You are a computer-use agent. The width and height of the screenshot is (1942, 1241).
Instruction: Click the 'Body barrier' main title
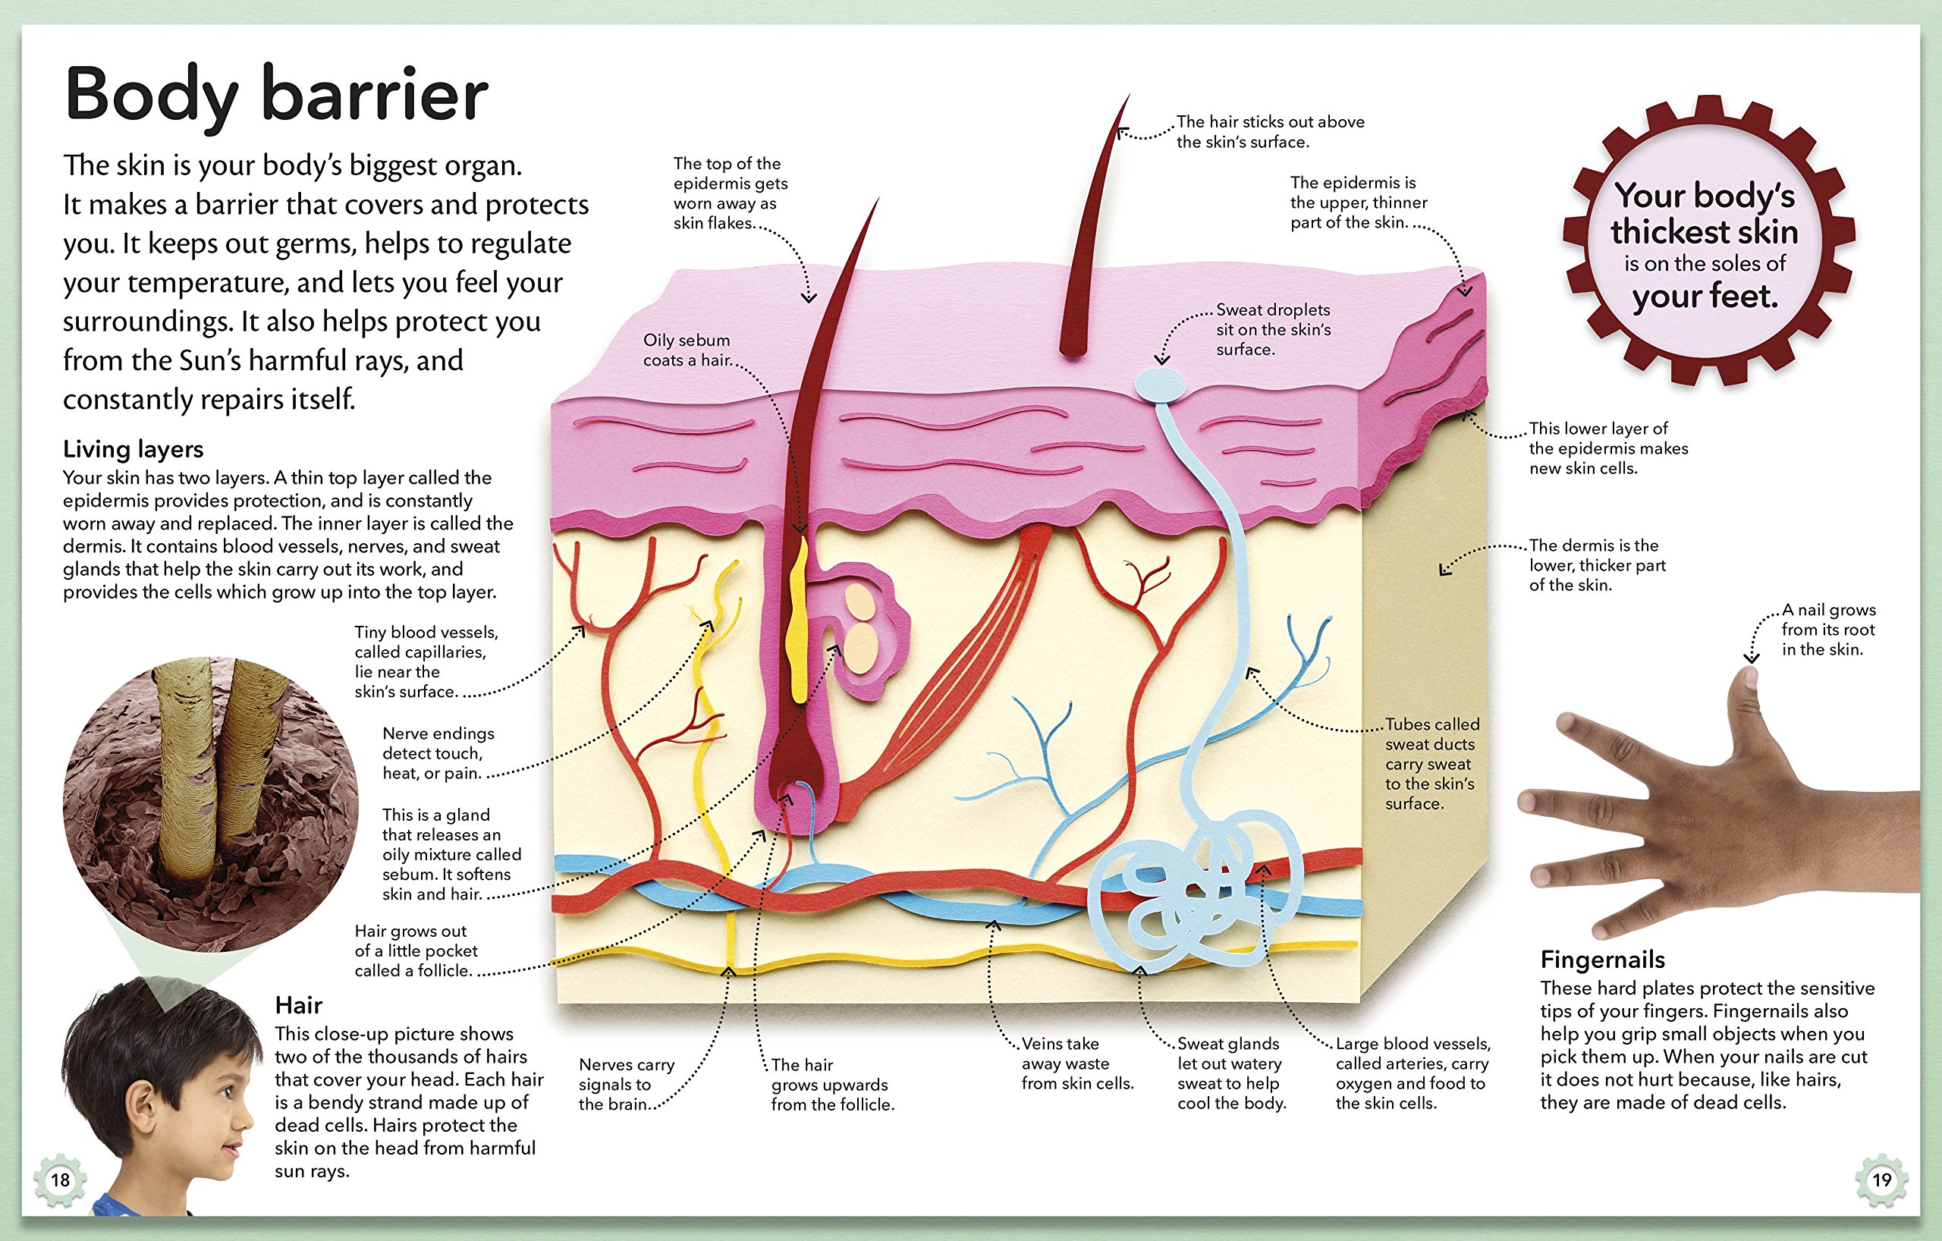276,95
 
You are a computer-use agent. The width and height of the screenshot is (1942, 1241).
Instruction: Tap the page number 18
61,1180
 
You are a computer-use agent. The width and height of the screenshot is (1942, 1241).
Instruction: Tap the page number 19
1881,1180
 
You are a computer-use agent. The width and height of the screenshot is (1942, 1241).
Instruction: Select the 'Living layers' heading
133,449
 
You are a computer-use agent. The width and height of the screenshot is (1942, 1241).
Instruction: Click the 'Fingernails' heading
1601,960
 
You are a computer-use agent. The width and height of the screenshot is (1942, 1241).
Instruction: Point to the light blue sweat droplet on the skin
1160,385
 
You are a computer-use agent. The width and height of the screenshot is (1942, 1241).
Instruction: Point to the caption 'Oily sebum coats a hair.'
687,350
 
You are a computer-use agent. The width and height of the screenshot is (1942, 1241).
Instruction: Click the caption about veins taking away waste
1076,1063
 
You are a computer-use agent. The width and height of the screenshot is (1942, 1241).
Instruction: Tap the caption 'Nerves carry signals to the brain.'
626,1085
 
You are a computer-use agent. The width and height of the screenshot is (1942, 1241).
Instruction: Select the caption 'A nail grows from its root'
1827,630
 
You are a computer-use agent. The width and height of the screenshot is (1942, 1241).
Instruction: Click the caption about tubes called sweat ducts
1431,763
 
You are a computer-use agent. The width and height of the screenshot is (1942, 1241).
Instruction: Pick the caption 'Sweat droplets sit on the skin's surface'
1273,330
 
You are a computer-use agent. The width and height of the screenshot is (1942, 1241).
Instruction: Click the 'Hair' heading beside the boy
298,1005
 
